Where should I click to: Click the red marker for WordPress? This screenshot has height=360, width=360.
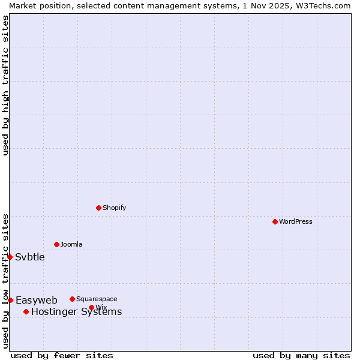point(275,221)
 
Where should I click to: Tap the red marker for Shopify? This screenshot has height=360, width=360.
point(98,208)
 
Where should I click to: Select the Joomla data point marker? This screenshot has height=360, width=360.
point(56,244)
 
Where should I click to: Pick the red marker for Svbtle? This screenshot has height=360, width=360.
point(10,257)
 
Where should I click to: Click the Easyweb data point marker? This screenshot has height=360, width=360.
point(10,300)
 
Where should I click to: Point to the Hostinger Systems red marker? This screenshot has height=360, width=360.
point(26,311)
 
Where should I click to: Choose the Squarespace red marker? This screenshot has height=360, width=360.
point(72,299)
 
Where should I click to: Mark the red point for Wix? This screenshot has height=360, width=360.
point(91,307)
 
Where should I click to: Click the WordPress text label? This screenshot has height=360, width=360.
point(296,221)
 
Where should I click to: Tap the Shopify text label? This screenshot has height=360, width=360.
point(114,208)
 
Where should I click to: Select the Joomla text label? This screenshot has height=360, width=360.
point(71,244)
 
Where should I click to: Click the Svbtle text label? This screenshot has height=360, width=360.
point(30,257)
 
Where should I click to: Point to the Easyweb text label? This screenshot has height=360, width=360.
point(37,300)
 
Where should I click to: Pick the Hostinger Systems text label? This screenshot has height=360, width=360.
point(76,311)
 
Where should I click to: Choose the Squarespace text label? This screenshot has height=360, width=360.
point(97,299)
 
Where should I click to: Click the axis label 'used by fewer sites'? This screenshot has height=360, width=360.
point(62,355)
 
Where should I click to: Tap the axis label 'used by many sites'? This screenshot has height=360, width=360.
point(301,355)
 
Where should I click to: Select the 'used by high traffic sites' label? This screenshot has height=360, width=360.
point(5,85)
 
